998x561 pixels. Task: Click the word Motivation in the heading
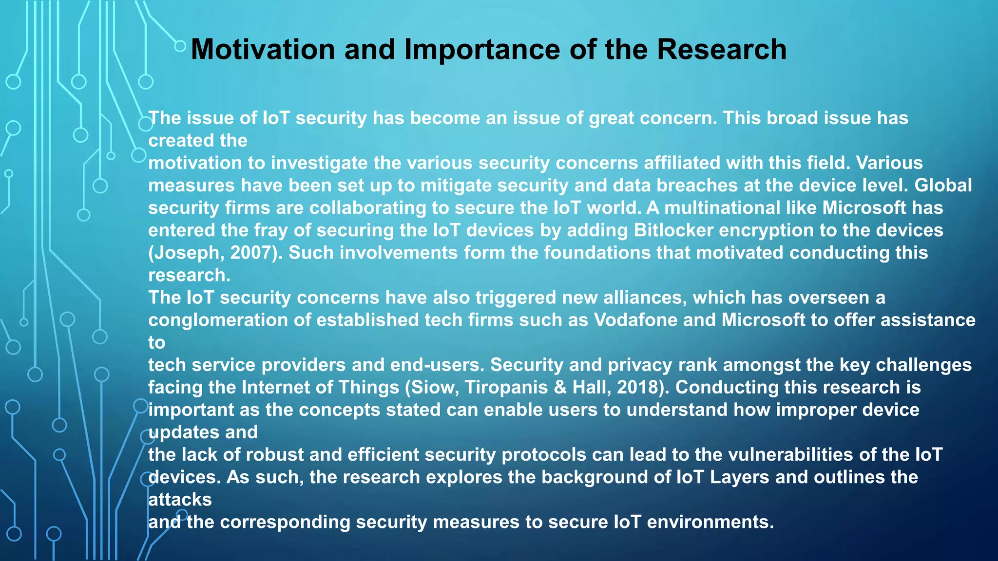pyautogui.click(x=263, y=49)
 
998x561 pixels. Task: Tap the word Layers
pyautogui.click(x=739, y=477)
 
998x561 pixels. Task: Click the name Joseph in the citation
pyautogui.click(x=186, y=253)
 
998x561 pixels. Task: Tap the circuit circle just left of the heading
pyautogui.click(x=180, y=46)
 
